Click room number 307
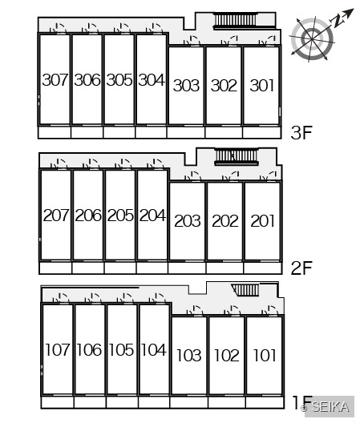(55, 80)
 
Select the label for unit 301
(261, 85)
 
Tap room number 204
(152, 216)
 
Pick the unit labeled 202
(225, 221)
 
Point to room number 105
(121, 349)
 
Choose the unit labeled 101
(265, 355)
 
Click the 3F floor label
(301, 132)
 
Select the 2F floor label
(301, 268)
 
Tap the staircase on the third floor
(235, 21)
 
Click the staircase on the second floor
(236, 157)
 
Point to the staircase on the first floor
(245, 290)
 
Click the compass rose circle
(313, 39)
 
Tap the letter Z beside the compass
(338, 21)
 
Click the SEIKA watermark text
(330, 406)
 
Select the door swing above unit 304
(154, 28)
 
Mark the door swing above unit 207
(59, 164)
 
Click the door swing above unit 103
(195, 310)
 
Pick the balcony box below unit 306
(87, 132)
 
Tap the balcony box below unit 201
(263, 268)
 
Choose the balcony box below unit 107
(58, 402)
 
